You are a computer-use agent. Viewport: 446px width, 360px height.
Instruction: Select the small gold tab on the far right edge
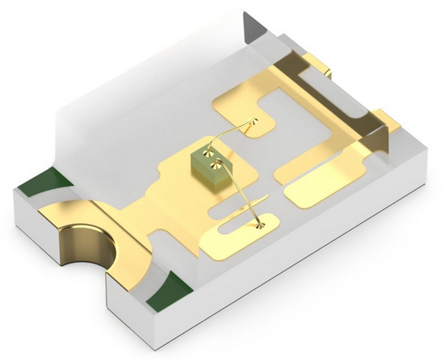tap(386, 117)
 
